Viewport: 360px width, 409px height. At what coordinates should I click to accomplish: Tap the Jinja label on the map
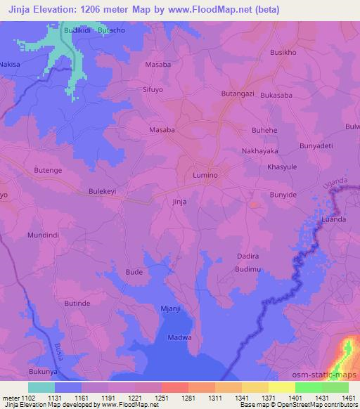point(179,201)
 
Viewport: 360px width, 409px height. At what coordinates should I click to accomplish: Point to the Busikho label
point(284,52)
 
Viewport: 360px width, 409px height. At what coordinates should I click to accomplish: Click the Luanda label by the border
point(333,219)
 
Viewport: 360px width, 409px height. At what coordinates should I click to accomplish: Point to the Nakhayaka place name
point(260,151)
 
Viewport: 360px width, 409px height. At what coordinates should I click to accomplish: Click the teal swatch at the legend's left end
point(41,388)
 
